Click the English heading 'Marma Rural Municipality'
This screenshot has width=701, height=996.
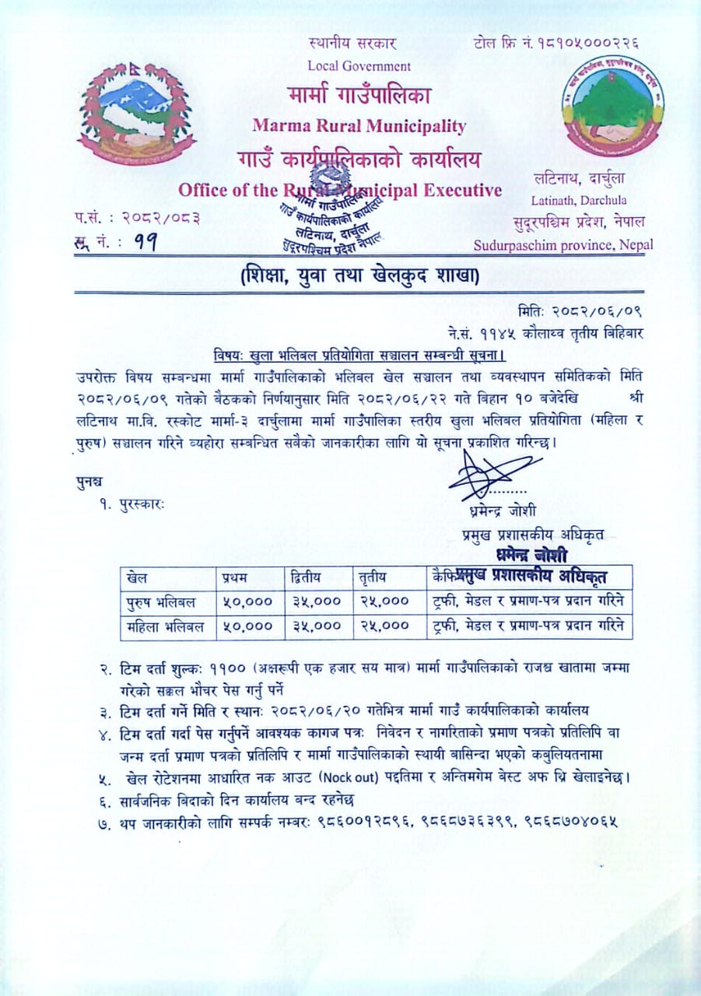pyautogui.click(x=359, y=125)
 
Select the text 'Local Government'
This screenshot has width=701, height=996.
pyautogui.click(x=359, y=66)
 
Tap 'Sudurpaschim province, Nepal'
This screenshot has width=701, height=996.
pyautogui.click(x=564, y=245)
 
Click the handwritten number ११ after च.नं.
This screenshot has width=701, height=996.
pyautogui.click(x=142, y=243)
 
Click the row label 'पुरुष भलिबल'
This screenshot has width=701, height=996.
pyautogui.click(x=161, y=601)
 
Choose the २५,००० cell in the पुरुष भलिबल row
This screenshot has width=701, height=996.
pyautogui.click(x=384, y=601)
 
